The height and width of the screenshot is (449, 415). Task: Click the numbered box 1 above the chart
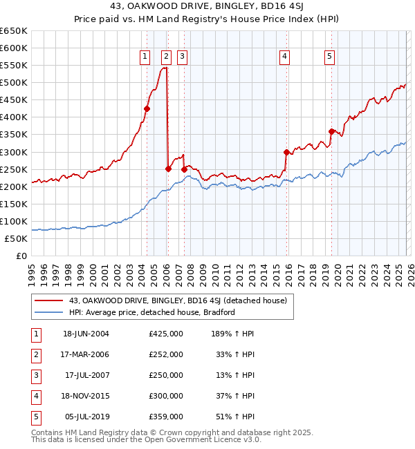[145, 57]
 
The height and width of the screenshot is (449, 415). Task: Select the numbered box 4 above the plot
[285, 57]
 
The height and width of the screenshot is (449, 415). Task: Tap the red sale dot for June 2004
[147, 108]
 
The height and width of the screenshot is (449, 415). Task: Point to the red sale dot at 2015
[286, 152]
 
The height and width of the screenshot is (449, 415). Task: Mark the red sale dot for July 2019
[331, 131]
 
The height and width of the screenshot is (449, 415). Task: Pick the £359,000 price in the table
[166, 417]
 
